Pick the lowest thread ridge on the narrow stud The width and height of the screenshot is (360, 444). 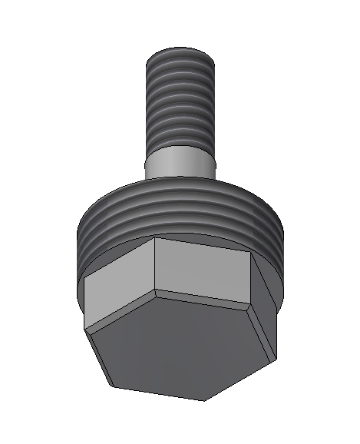pos(180,144)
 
